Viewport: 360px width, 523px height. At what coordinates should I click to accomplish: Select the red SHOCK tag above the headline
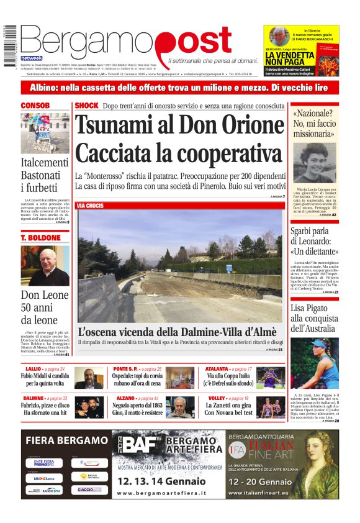(x=86, y=106)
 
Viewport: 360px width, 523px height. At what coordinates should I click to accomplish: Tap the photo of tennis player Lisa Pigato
(x=315, y=363)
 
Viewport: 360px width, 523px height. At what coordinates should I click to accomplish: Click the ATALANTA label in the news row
(x=220, y=369)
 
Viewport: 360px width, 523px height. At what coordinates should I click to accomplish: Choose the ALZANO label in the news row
(x=125, y=398)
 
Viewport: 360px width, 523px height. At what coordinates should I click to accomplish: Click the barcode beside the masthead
(x=10, y=43)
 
